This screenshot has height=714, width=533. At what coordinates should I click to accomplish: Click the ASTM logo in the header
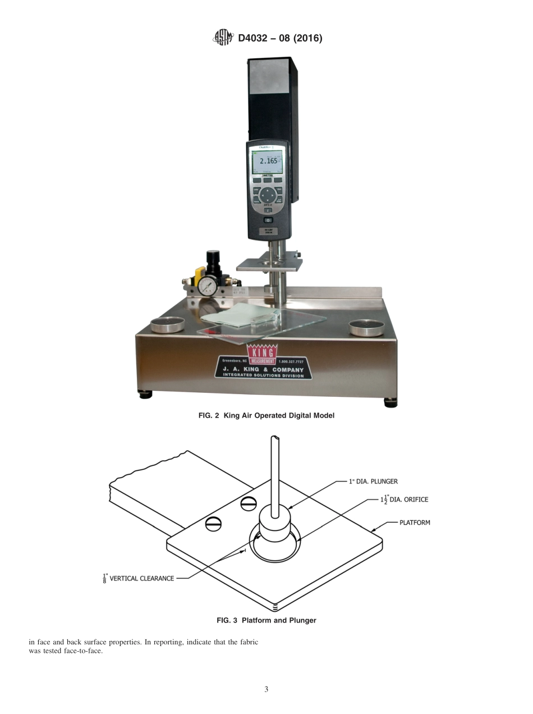coord(223,38)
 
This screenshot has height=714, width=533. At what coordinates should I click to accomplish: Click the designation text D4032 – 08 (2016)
coord(280,39)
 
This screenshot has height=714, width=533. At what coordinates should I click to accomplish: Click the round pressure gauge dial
coord(207,286)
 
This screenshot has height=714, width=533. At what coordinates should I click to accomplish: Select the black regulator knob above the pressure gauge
coord(213,259)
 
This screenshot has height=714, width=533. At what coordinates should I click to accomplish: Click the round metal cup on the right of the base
coord(366,326)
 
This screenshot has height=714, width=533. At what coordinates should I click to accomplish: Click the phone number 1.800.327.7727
coord(291,362)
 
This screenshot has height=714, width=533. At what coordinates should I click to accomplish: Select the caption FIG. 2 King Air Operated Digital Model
coord(266,416)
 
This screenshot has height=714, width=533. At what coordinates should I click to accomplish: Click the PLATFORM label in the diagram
coord(415,523)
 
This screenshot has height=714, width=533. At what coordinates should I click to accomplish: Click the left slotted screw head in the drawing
coord(213,524)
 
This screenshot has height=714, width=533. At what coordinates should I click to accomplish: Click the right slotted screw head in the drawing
coord(249,504)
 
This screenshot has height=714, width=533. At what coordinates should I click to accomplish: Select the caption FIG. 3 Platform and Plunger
coord(266,620)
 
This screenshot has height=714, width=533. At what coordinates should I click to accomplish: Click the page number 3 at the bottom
coord(266,689)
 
